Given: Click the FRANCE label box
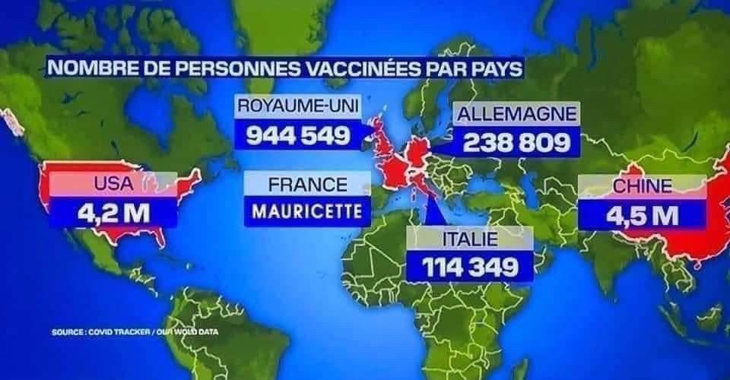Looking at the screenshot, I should coord(308,184).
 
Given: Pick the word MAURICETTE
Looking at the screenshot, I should coord(308,211).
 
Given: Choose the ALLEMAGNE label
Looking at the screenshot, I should coord(516,114).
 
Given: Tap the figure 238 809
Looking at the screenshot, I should coord(516,142).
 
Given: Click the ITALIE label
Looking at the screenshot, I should coord(469,239).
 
